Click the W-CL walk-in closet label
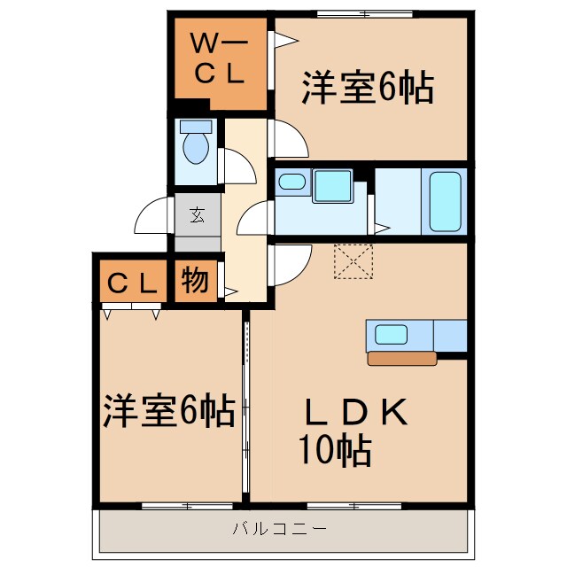(x=219, y=59)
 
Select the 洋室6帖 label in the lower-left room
(x=168, y=409)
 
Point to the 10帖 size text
(x=333, y=452)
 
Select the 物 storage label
(x=196, y=281)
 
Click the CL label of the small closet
(x=132, y=283)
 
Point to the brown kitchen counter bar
(x=402, y=359)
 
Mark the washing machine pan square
(x=331, y=186)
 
